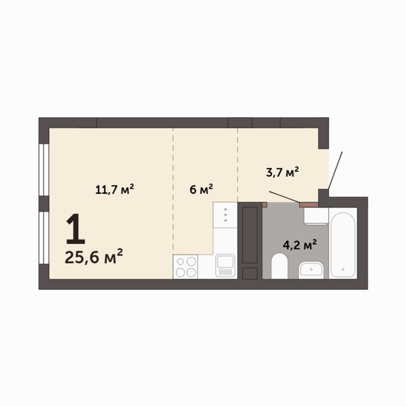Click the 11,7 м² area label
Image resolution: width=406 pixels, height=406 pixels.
point(114,189)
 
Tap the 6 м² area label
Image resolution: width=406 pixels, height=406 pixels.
point(201,189)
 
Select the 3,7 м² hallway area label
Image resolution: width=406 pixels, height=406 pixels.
point(282,172)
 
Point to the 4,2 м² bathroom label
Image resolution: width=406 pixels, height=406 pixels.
point(300,244)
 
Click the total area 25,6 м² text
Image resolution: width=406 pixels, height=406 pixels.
point(94,256)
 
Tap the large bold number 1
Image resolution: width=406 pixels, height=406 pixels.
point(76,229)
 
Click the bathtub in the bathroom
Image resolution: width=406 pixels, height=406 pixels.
point(343,245)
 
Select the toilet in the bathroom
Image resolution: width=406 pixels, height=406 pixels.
point(279,266)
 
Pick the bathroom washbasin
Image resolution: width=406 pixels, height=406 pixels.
point(311,270)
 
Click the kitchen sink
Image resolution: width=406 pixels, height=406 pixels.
point(225,265)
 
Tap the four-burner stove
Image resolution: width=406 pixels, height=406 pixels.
point(186,266)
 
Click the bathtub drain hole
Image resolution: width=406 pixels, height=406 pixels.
point(343,269)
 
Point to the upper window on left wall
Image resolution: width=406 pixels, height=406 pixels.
point(44,170)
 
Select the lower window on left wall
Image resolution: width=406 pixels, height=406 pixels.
point(44,238)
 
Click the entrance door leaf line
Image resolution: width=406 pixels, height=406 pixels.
point(335,170)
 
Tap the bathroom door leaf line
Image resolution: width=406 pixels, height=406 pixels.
point(284,197)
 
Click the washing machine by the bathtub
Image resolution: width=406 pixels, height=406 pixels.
point(316,216)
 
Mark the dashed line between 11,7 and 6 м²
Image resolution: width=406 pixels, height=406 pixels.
point(173,191)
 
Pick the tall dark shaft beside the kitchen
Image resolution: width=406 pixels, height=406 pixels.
point(250,235)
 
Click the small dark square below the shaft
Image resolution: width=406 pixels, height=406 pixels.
point(250,273)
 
